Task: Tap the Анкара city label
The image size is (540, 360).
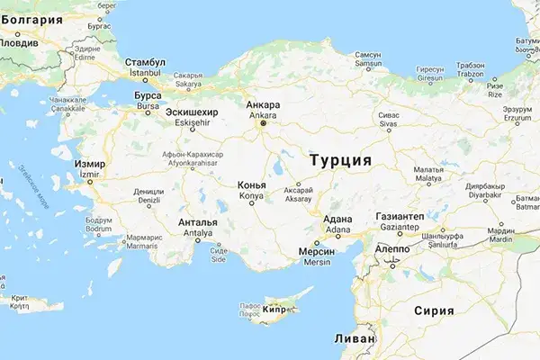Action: [x=263, y=105]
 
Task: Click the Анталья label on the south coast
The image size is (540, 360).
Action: [x=198, y=222]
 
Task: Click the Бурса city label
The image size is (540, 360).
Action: [x=146, y=94]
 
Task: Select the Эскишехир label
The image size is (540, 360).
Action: [x=189, y=111]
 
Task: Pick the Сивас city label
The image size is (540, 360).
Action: [x=388, y=117]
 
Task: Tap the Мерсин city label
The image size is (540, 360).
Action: [x=315, y=255]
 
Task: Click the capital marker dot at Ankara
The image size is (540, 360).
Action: [x=263, y=124]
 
